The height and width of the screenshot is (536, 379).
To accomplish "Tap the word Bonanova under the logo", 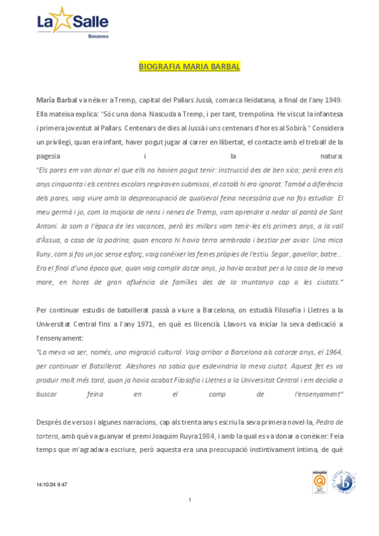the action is tap(97, 36).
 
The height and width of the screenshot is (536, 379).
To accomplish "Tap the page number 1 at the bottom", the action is tap(190, 501).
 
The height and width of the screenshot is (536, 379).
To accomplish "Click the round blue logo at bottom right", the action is tap(344, 482).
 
